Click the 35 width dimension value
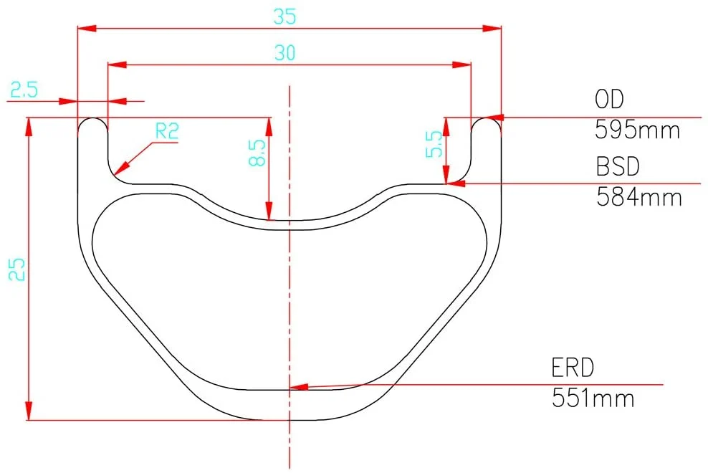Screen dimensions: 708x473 pos(285,16)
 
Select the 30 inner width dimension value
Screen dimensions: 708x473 pos(285,53)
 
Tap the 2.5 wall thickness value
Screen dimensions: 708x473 pos(24,90)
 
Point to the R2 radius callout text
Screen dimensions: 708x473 pos(167,131)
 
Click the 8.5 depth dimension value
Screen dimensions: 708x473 pos(257,153)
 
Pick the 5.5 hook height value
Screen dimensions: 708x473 pos(434,144)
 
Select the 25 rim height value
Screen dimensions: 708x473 pos(17,269)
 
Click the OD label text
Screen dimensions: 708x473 pos(609,100)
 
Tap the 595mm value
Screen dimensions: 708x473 pos(637,130)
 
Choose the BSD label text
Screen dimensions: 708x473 pos(618,166)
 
